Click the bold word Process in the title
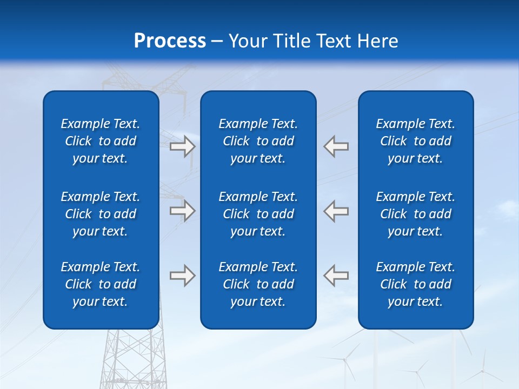pyautogui.click(x=170, y=41)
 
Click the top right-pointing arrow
pyautogui.click(x=182, y=146)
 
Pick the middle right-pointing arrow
pyautogui.click(x=182, y=211)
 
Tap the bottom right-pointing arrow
pyautogui.click(x=182, y=276)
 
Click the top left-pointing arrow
pyautogui.click(x=336, y=146)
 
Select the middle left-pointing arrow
pyautogui.click(x=336, y=211)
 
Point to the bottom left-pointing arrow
pyautogui.click(x=336, y=276)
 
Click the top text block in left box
pyautogui.click(x=101, y=141)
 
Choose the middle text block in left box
pyautogui.click(x=101, y=214)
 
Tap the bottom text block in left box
pyautogui.click(x=101, y=284)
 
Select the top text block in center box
pyautogui.click(x=258, y=141)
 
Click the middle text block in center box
pyautogui.click(x=258, y=214)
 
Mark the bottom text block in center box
pyautogui.click(x=258, y=284)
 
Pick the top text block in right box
pyautogui.click(x=415, y=141)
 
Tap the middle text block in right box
pyautogui.click(x=415, y=214)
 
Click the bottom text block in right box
pyautogui.click(x=415, y=284)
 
